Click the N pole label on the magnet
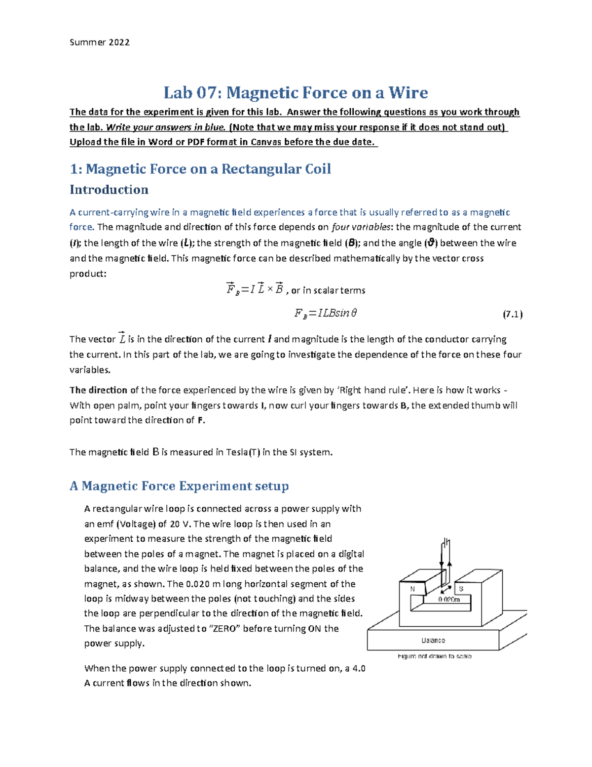(412, 589)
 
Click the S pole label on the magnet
(461, 589)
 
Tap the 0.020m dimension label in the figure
(449, 600)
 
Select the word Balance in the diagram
(433, 641)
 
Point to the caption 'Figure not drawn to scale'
(434, 656)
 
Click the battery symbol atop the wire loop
(446, 543)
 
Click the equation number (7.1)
(513, 314)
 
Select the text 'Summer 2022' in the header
(100, 42)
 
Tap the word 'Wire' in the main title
(408, 92)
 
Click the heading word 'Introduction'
(109, 190)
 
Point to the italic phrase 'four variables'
(361, 227)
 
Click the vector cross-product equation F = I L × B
(255, 289)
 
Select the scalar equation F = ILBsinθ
(326, 313)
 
